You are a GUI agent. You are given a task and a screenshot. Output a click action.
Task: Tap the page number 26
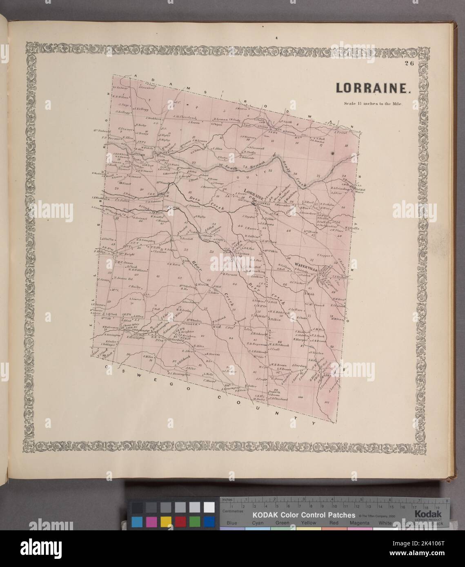(x=409, y=64)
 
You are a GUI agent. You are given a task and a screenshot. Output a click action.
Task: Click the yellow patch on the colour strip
(x=166, y=521)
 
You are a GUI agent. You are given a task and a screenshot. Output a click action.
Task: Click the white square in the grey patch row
(x=209, y=507)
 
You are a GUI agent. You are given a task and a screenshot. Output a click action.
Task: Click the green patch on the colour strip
(x=195, y=521)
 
